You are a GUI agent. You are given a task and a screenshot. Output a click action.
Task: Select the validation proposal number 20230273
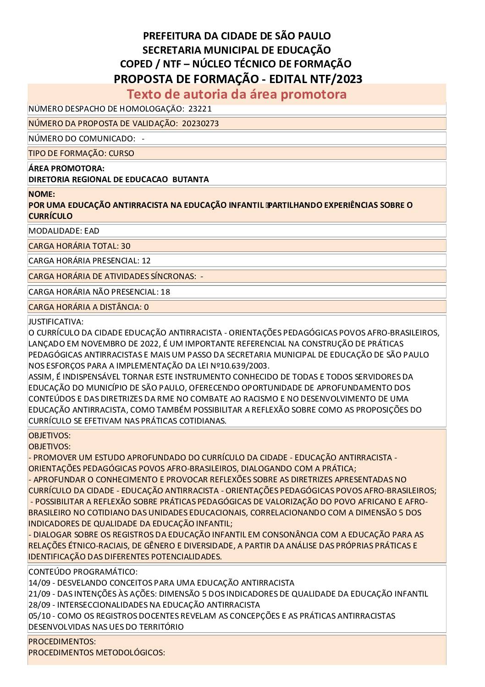point(200,123)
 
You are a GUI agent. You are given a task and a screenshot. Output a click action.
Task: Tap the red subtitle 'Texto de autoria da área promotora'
point(237,94)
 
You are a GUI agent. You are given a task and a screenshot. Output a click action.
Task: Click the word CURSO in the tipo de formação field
point(121,153)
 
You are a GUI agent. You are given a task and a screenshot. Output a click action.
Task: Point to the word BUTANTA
point(191,179)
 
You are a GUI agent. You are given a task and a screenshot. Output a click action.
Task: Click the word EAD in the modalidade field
point(92,231)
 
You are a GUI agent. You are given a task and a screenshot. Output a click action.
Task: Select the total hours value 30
point(126,246)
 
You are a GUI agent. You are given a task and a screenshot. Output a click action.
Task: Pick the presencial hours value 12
point(146,261)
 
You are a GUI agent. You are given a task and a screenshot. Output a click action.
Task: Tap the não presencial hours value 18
point(165,292)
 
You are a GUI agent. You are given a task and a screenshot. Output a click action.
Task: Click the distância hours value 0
point(146,307)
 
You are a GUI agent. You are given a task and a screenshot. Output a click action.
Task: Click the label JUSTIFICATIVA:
point(56,322)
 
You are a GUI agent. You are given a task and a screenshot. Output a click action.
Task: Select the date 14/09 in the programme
point(39,583)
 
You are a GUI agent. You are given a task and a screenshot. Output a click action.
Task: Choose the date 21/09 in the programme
point(39,594)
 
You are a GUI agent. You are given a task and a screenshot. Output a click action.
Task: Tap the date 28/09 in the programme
point(39,605)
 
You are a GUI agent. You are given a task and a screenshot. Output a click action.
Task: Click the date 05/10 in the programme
point(39,616)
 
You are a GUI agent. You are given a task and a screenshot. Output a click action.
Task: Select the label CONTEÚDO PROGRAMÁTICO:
point(83,572)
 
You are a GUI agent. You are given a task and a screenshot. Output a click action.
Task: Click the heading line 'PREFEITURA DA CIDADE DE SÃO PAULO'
point(237,36)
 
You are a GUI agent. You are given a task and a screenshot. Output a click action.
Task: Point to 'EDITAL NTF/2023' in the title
point(316,79)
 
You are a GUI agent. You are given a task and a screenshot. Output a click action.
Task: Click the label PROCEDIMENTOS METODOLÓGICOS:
point(96,653)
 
